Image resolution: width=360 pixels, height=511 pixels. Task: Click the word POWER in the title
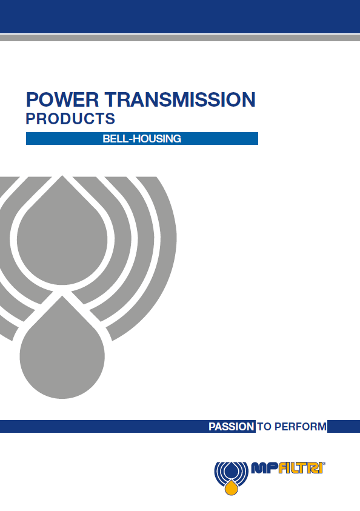[x=62, y=100]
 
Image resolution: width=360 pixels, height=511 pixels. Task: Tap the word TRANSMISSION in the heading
[x=180, y=100]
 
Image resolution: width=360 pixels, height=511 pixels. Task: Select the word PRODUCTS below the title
[x=70, y=119]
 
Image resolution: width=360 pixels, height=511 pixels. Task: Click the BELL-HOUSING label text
[x=142, y=138]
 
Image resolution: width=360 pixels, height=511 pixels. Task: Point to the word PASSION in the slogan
[x=232, y=427]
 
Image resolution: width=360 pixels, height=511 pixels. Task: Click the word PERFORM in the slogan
[x=301, y=427]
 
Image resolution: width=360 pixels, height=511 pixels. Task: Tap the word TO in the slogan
[x=264, y=427]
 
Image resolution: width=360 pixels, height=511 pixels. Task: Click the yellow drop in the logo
[x=232, y=487]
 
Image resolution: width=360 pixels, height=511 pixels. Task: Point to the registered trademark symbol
[x=324, y=464]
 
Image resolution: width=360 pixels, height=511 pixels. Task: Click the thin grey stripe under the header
[x=180, y=38]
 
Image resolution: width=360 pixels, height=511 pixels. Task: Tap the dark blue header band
[x=180, y=16]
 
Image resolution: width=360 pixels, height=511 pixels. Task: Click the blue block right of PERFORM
[x=344, y=427]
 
